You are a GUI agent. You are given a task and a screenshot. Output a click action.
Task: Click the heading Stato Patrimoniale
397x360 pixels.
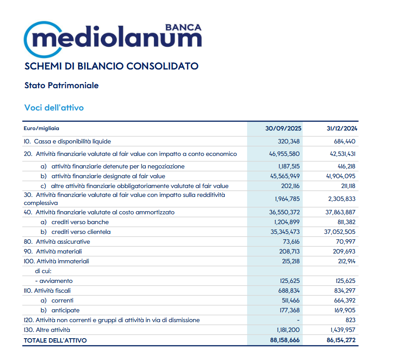(62, 86)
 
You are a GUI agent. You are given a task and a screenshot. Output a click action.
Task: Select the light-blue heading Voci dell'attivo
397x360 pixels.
(54, 108)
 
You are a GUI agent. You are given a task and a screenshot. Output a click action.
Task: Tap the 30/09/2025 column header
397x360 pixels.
(284, 129)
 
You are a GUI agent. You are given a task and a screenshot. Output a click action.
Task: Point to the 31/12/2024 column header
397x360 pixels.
(342, 129)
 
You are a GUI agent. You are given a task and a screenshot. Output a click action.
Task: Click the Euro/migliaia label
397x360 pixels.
(41, 128)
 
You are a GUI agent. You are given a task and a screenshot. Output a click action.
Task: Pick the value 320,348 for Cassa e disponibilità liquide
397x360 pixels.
(289, 142)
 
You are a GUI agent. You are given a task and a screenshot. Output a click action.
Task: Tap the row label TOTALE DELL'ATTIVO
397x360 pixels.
(55, 340)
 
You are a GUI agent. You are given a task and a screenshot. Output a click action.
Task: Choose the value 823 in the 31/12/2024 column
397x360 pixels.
(351, 320)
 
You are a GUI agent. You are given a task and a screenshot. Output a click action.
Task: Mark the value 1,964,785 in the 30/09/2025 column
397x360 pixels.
(286, 199)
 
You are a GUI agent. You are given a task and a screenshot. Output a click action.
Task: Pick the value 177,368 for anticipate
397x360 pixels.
(289, 311)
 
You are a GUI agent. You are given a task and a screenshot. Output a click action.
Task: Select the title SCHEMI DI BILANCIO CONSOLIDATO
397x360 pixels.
(112, 66)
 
